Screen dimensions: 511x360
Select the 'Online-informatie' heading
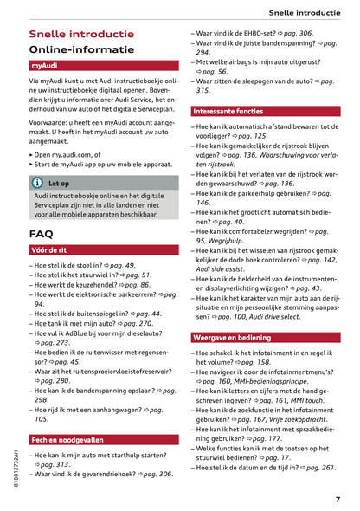(82, 49)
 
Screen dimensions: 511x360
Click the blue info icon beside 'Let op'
(37, 184)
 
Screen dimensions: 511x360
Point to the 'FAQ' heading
(41, 234)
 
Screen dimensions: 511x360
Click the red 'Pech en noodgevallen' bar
(71, 440)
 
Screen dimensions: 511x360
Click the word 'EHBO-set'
(266, 33)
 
